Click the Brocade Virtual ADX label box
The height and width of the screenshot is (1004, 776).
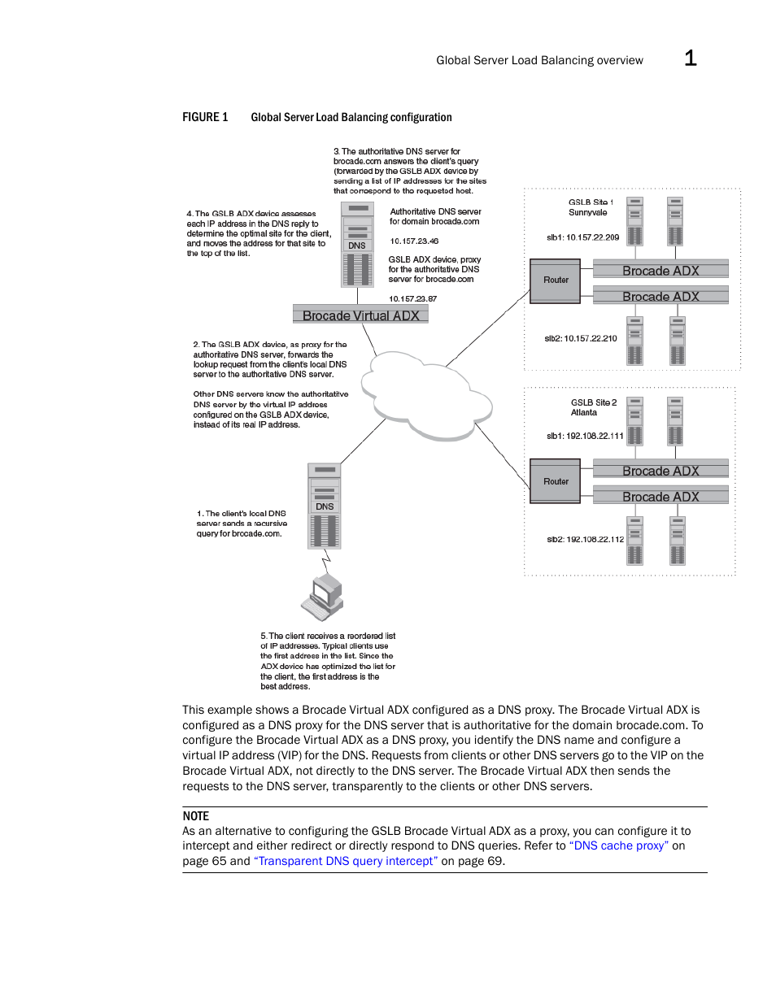[x=360, y=315]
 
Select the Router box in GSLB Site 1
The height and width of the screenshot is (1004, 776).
[x=556, y=280]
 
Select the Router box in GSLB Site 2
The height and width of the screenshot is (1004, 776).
[x=556, y=481]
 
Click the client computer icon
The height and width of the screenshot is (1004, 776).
[x=323, y=598]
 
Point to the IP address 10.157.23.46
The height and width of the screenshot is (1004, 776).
[x=414, y=241]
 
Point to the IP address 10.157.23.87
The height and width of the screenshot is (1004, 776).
[x=412, y=299]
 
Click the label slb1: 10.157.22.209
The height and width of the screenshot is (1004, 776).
[x=582, y=238]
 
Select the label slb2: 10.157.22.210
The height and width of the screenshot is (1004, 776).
[x=581, y=339]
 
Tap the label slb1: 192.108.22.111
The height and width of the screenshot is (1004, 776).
[x=585, y=437]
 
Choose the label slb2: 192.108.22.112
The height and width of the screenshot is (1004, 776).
[x=585, y=540]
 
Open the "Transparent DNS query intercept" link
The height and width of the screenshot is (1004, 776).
[x=346, y=862]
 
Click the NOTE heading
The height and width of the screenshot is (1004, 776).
[x=196, y=816]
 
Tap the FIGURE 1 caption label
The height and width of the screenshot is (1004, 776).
[x=205, y=118]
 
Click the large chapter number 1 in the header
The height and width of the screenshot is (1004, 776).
[x=690, y=59]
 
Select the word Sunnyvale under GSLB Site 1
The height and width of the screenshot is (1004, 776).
[x=587, y=213]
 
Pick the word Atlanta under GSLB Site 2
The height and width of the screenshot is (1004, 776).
[x=584, y=413]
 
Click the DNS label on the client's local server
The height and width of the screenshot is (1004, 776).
[x=325, y=506]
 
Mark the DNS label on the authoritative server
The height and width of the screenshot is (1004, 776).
[x=357, y=246]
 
